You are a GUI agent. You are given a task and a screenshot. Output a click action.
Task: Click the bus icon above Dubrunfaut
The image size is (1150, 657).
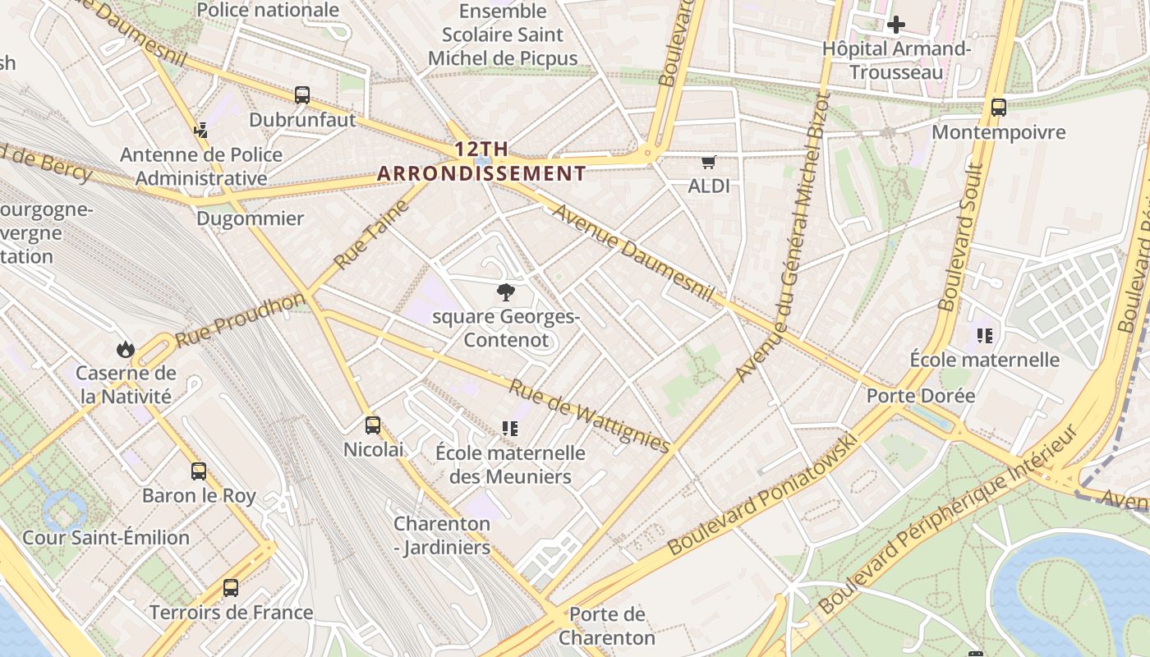tap(302, 95)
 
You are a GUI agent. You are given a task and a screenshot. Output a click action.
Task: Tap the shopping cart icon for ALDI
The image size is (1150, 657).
tap(708, 162)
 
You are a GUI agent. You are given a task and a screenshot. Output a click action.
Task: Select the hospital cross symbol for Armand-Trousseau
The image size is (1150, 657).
tap(896, 25)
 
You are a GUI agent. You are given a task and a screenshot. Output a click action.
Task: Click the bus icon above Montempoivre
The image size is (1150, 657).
tap(999, 107)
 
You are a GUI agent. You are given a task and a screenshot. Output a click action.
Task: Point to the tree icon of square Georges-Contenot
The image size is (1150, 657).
tap(506, 292)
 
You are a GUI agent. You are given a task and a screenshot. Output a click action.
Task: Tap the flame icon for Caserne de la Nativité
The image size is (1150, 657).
tap(125, 349)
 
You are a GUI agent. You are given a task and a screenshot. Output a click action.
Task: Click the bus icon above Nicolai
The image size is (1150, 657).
tap(373, 425)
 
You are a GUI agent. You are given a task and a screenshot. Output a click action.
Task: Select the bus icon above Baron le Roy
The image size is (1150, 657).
tap(199, 471)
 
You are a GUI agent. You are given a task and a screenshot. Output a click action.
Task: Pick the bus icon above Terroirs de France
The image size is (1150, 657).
tap(231, 588)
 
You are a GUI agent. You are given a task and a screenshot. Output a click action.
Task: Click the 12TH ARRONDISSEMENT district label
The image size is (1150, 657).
tap(481, 161)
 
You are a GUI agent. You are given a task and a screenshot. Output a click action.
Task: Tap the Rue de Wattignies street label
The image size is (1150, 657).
tap(589, 416)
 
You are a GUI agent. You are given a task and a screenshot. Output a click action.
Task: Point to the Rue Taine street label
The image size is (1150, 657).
tap(371, 234)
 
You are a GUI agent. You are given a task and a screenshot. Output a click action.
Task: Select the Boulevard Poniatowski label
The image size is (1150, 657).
tap(763, 493)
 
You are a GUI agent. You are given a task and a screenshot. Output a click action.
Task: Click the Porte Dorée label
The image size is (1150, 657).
tap(921, 396)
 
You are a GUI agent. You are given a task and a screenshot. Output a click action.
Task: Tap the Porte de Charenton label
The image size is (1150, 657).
tap(607, 626)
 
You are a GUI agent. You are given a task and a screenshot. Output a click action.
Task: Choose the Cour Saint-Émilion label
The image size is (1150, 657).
tap(106, 538)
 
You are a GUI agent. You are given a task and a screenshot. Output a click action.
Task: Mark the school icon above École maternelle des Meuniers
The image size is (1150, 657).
tap(510, 429)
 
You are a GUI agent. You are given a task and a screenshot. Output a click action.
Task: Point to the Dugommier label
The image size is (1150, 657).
tap(251, 218)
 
